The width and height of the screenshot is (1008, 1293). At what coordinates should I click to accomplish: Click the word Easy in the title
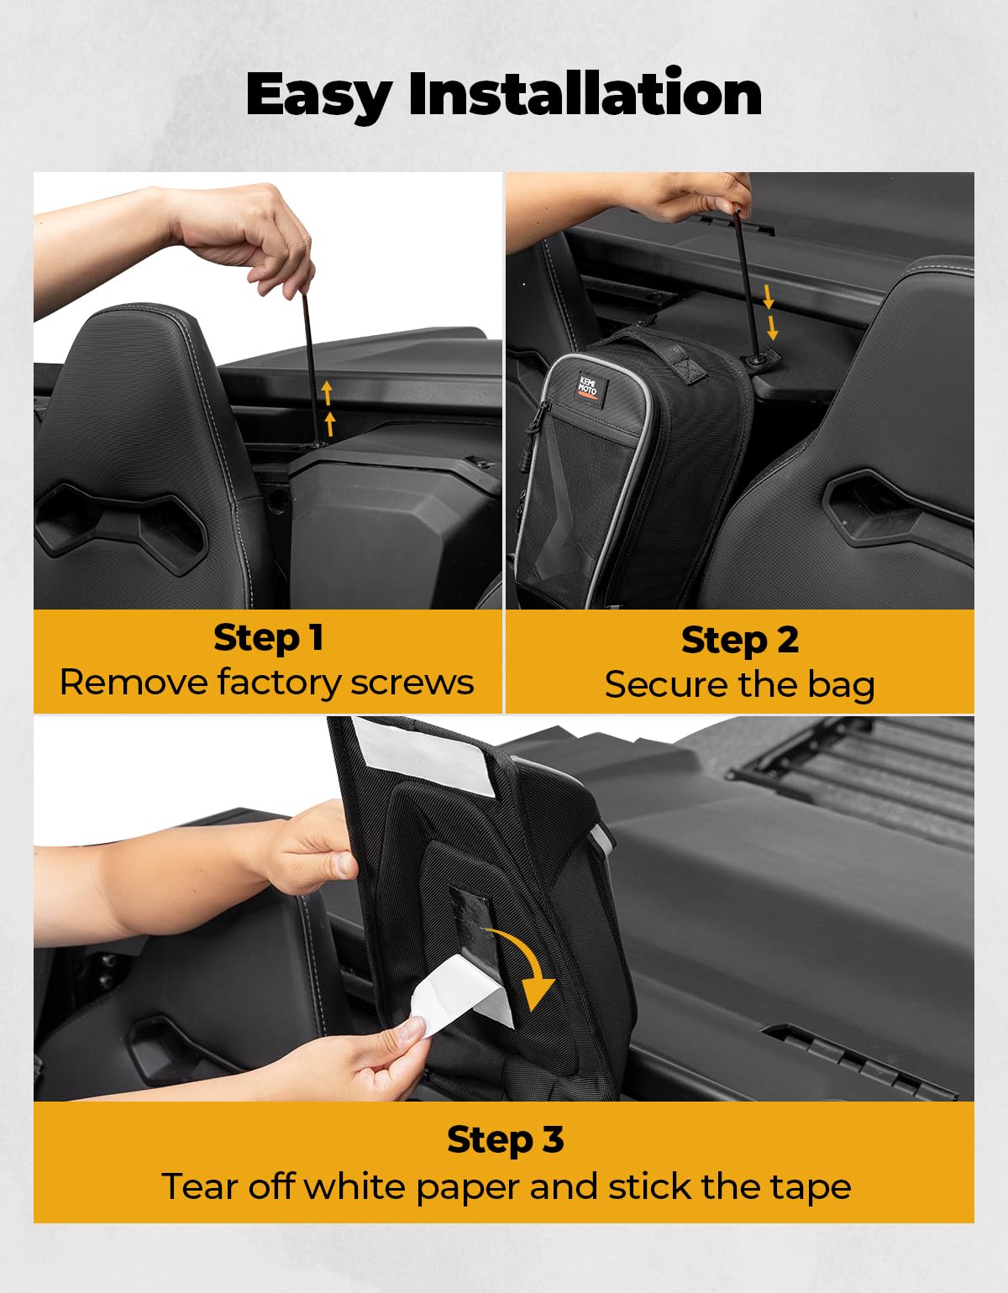tap(318, 94)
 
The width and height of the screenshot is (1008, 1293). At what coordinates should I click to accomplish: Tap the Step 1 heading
tap(268, 637)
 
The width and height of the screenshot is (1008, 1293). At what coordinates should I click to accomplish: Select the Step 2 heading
tap(739, 640)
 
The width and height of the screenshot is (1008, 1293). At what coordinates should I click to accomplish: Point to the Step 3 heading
tap(505, 1139)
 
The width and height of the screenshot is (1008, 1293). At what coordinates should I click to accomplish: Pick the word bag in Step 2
tap(841, 685)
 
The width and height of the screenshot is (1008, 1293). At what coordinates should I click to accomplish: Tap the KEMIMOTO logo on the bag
tap(587, 388)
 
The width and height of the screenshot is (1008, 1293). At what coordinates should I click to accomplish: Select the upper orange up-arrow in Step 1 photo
tap(328, 392)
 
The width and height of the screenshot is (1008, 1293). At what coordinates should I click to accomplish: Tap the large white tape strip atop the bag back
tap(424, 756)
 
